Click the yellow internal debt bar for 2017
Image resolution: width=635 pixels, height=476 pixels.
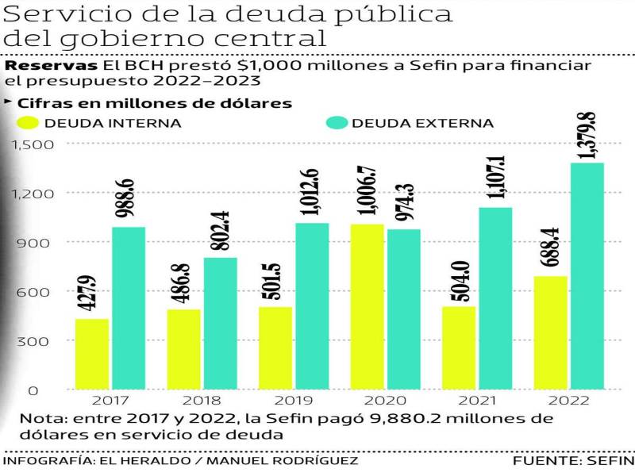coord(92,354)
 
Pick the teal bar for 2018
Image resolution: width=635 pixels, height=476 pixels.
coord(220,323)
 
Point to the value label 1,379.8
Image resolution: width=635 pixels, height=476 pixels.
coord(588,136)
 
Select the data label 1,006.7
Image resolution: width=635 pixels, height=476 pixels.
coord(366,191)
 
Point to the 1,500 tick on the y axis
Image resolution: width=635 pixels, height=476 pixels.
coord(33,144)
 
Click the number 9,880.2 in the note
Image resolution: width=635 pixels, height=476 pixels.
coord(389,419)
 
